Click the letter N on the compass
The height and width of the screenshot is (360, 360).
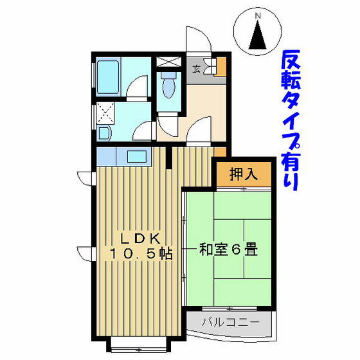[258, 16]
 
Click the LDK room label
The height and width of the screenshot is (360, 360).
[141, 239]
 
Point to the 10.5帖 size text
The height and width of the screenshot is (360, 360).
[141, 254]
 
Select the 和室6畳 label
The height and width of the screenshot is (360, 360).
[228, 249]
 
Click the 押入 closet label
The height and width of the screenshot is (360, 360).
[243, 174]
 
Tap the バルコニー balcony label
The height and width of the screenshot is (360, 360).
[231, 322]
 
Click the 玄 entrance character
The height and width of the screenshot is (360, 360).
[196, 69]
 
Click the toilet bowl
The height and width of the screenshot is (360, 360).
[169, 85]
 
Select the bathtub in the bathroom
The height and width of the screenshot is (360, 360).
[108, 77]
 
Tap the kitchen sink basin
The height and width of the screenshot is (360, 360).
[137, 156]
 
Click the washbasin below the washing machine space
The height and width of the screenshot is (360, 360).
[104, 133]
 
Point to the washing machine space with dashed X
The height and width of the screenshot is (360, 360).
[105, 113]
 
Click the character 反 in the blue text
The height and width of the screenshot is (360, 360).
[291, 59]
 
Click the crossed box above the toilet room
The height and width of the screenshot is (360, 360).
[168, 62]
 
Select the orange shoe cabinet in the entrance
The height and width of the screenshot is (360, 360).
[221, 66]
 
